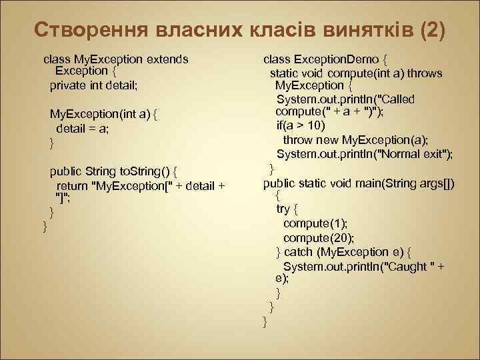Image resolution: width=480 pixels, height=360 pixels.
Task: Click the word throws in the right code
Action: tap(425, 73)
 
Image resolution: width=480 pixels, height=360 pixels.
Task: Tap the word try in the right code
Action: tap(283, 209)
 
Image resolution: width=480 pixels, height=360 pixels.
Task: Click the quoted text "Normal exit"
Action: tap(415, 154)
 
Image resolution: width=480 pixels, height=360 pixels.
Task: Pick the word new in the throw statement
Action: tap(326, 140)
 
